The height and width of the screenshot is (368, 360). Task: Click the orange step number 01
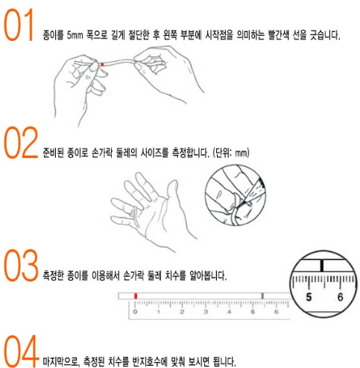pos(19,25)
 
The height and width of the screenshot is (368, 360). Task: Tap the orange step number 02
pos(21,142)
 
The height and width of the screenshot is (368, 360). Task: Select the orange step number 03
pos(21,265)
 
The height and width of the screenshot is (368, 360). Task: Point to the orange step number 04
pos(21,351)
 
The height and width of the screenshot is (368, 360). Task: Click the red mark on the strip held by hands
pos(102,64)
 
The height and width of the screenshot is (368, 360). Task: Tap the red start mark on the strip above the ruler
pos(136,296)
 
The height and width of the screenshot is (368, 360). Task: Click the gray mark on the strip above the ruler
pos(262,296)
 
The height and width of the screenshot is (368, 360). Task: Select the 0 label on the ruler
pos(135,311)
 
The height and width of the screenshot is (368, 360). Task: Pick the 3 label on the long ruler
pos(206,311)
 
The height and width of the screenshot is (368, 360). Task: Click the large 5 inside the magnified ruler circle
pos(309,297)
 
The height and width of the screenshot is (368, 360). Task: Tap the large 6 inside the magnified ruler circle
pos(340,297)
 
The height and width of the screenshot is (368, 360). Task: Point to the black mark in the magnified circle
pos(322,265)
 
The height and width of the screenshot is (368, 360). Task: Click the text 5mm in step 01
pos(75,35)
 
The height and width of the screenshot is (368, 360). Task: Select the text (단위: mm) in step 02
pos(231,153)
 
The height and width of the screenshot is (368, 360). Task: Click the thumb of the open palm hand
pos(172,191)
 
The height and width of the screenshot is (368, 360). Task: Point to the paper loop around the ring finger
pos(135,217)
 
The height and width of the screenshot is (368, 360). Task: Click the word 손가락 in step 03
pos(133,276)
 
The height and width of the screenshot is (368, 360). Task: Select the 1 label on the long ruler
pos(158,311)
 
